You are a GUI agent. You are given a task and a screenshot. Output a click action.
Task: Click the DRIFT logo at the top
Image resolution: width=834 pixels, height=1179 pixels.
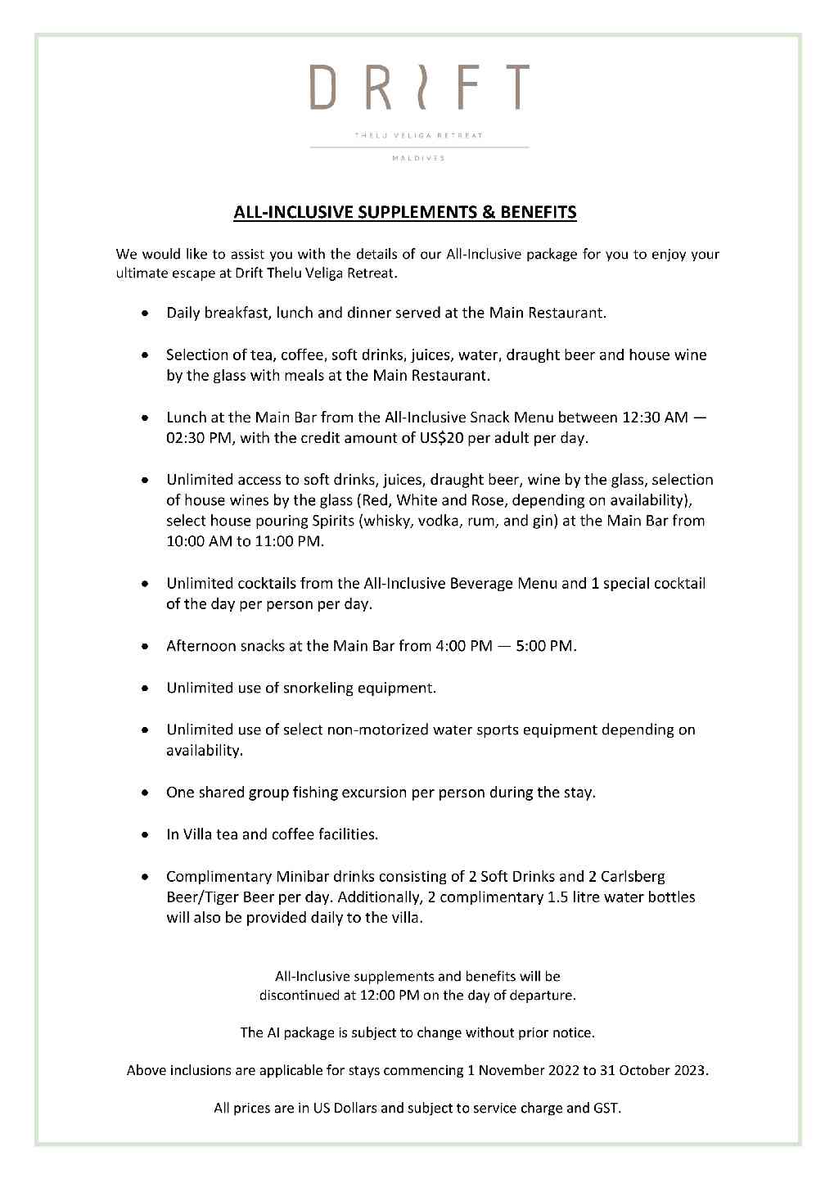419,88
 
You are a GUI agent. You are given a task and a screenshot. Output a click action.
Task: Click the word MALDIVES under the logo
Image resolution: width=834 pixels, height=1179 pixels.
419,159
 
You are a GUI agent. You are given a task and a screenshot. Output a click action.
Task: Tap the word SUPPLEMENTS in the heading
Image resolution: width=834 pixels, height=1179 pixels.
411,213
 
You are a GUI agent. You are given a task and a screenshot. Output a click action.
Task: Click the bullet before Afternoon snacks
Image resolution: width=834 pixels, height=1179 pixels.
145,647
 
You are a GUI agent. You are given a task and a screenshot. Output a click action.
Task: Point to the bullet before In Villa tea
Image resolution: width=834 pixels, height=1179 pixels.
145,835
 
